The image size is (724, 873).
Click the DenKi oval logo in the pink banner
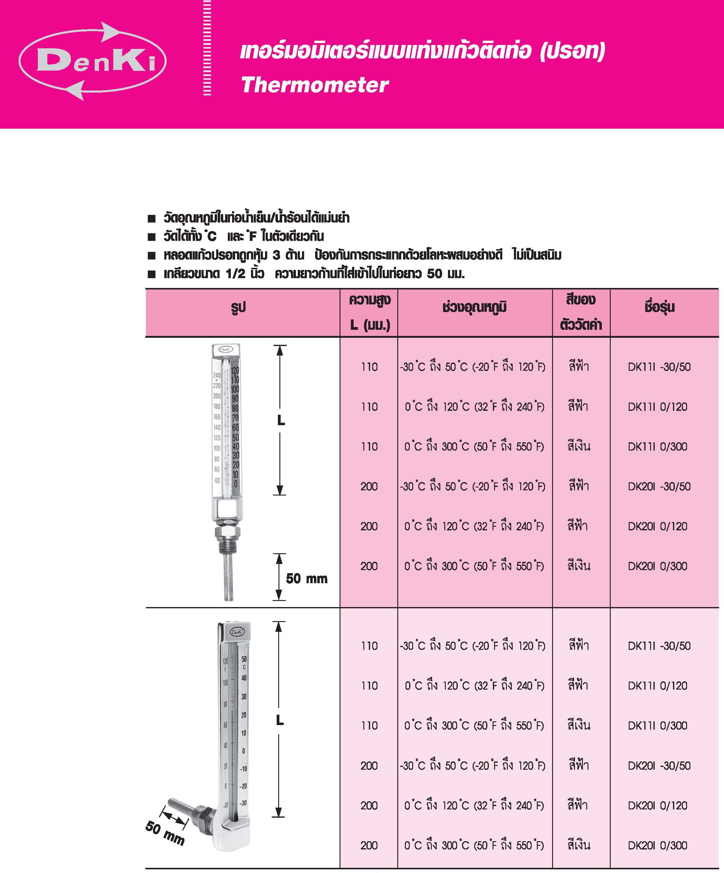[x=93, y=61]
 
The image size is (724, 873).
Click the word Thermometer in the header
[x=315, y=85]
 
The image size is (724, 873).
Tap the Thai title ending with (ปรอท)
[x=422, y=52]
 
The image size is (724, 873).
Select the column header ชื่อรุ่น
[x=659, y=307]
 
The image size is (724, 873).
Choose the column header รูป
[x=238, y=308]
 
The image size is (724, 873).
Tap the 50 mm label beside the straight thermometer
[x=307, y=578]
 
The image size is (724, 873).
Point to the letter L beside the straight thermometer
[x=281, y=421]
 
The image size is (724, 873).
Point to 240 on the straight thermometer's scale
[x=216, y=375]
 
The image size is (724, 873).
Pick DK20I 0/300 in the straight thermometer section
[x=657, y=566]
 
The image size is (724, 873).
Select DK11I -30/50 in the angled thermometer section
[x=659, y=646]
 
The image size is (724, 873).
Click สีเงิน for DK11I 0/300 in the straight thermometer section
[x=579, y=447]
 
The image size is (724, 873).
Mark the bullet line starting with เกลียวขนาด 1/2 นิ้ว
[x=314, y=274]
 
